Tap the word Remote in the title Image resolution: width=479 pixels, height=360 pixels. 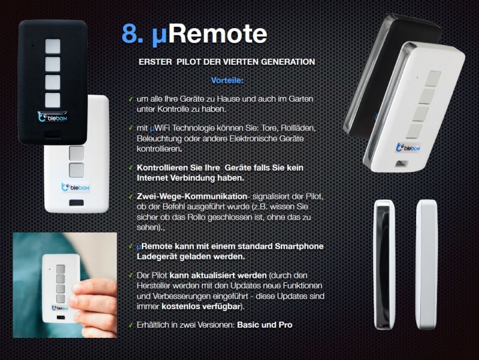tap(218, 34)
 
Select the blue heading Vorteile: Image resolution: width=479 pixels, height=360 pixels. tap(228, 81)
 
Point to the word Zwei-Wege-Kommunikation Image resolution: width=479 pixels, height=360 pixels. tap(192, 196)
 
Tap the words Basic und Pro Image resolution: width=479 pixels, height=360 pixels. tap(265, 325)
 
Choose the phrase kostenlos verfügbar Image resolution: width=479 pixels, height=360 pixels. tap(202, 306)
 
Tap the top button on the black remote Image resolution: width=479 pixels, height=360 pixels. tap(53, 46)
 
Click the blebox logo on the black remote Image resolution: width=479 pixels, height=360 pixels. tap(53, 117)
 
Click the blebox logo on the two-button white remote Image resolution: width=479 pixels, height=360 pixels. tap(75, 187)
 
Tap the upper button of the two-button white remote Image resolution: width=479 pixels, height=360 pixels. tap(77, 153)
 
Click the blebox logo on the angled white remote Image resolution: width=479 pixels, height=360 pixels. tap(408, 147)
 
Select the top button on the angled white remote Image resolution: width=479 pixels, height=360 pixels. tap(433, 79)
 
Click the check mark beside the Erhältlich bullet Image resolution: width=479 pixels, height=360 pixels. tap(131, 325)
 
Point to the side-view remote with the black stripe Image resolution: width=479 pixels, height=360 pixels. tap(384, 265)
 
